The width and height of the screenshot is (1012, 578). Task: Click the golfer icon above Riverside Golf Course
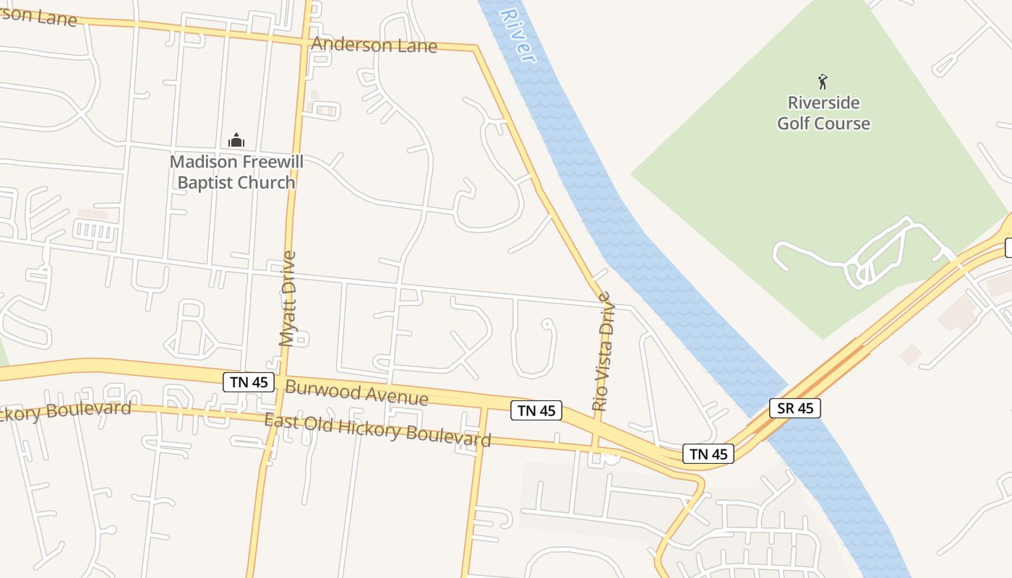pos(823,81)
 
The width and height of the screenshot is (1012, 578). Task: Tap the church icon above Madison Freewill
pos(236,140)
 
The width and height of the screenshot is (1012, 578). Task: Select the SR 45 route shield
pos(795,408)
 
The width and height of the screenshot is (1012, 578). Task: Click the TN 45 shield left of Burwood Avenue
pos(249,382)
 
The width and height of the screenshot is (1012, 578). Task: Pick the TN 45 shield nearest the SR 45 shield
pos(708,454)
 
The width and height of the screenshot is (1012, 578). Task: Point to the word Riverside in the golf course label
pos(823,103)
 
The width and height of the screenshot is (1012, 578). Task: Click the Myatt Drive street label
pos(288,298)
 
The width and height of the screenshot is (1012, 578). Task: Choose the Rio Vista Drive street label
pos(602,351)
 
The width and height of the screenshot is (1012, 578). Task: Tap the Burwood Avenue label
pos(356,392)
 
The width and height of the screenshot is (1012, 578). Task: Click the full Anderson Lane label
pos(374,46)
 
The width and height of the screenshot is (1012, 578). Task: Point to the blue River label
pos(518,34)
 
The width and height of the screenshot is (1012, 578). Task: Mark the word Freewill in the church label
pos(271,162)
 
